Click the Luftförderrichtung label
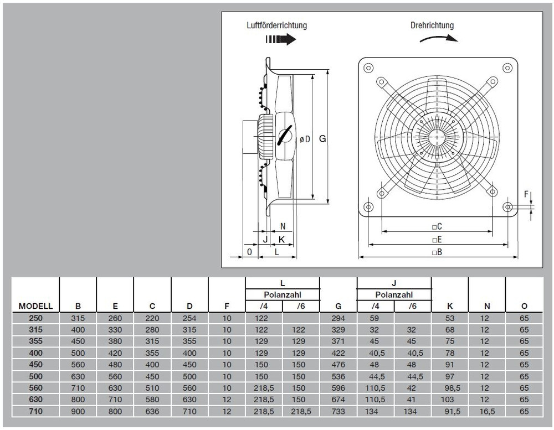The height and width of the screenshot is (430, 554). (276, 25)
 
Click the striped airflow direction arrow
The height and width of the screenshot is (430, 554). (280, 39)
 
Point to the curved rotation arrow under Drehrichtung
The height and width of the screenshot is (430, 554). (439, 38)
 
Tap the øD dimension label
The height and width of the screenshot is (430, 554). (305, 139)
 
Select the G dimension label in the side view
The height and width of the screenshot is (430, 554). (322, 139)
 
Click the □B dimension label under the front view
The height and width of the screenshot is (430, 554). (437, 252)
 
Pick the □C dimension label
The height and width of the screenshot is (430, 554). (437, 226)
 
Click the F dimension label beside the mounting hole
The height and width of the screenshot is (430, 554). (526, 194)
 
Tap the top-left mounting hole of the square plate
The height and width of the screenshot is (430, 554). (368, 68)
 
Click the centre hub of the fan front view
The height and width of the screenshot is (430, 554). (438, 137)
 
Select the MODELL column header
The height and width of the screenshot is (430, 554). (35, 306)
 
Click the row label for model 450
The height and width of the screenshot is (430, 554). (35, 364)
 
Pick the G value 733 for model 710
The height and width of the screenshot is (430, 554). (338, 411)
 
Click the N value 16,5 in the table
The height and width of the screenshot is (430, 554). (487, 411)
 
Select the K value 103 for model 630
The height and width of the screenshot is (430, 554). (447, 400)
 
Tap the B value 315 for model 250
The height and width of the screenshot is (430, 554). (78, 318)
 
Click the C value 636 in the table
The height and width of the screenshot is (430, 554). (152, 411)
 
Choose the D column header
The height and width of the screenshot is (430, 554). (189, 306)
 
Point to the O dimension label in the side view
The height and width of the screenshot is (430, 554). (249, 252)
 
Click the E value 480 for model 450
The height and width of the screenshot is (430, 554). (115, 364)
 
